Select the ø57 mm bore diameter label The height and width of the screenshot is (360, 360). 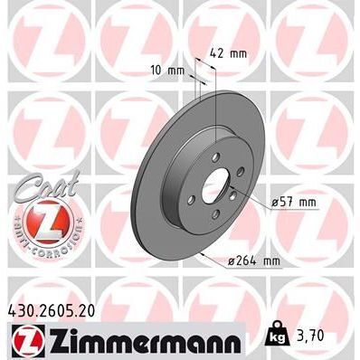(x=292, y=203)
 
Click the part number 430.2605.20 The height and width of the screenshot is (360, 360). (x=56, y=309)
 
